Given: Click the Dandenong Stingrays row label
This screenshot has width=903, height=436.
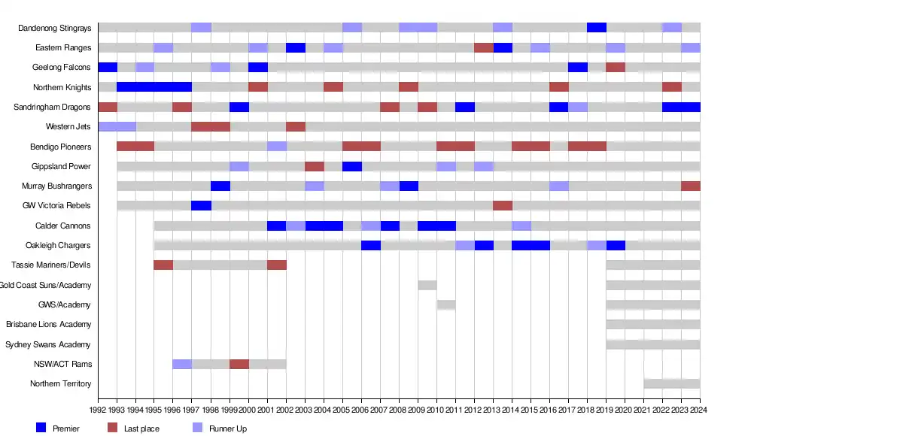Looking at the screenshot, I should [55, 28].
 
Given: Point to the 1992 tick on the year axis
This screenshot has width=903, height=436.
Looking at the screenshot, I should [98, 410].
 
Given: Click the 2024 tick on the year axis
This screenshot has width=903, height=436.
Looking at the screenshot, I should [700, 410].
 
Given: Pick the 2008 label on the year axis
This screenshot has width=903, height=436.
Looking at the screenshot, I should [399, 410].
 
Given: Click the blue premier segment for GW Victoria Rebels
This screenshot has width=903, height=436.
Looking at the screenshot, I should [201, 205].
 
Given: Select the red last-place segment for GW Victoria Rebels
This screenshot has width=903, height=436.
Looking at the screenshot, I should [503, 205].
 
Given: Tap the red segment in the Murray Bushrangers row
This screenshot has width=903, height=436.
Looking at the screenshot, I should [691, 186].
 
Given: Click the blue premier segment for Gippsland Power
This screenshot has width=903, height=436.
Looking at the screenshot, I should [352, 166].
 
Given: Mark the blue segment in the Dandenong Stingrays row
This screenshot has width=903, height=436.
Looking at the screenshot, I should [597, 28].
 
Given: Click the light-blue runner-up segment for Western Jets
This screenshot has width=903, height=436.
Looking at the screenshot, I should [117, 126].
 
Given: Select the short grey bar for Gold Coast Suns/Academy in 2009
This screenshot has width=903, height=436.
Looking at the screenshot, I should [427, 285].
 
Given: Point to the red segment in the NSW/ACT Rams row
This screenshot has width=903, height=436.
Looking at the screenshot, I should [239, 364].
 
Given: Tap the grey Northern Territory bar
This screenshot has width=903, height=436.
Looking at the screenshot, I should [672, 383].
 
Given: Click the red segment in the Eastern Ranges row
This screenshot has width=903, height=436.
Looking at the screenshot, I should [484, 47].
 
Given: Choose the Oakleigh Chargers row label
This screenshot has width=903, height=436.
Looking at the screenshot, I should [58, 245].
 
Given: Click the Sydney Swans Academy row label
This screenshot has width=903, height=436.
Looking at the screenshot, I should [48, 344].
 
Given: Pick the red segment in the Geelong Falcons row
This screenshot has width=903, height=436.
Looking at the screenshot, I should [616, 67].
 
